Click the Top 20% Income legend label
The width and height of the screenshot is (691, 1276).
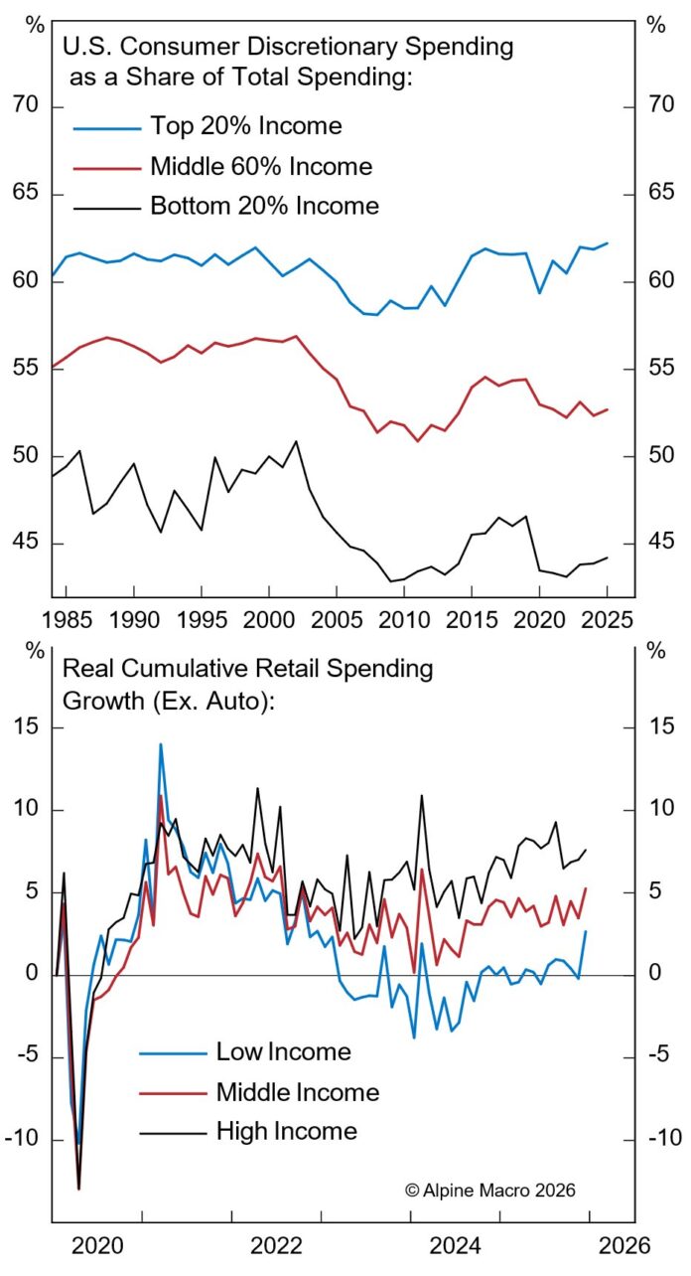(245, 126)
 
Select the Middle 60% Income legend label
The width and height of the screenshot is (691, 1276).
(261, 166)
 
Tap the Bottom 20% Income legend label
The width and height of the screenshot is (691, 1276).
(264, 207)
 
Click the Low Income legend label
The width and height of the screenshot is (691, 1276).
(283, 1051)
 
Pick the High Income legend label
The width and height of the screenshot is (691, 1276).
(286, 1130)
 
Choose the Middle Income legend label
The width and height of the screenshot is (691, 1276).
(298, 1092)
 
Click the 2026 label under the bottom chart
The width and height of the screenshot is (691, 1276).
(623, 1246)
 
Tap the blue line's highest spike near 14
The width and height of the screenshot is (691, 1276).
(160, 744)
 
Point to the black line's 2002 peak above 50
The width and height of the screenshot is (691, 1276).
(295, 441)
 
